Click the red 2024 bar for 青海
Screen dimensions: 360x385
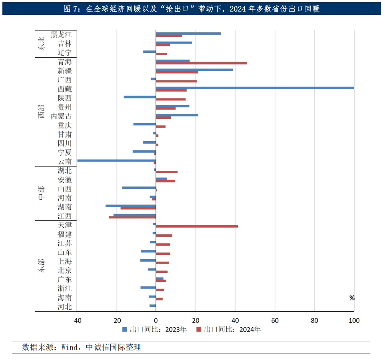[x=201, y=63]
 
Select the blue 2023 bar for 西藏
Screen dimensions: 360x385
[x=255, y=88]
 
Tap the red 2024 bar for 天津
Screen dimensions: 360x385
[x=197, y=226]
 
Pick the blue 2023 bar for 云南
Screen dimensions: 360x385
[x=116, y=160]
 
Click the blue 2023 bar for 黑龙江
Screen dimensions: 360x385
[x=188, y=33]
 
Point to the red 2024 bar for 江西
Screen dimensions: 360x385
[x=132, y=217]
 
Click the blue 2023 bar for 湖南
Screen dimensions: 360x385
[x=131, y=206]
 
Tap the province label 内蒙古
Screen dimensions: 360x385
[x=62, y=116]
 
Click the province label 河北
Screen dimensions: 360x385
[x=65, y=307]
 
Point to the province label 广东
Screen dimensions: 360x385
[x=65, y=280]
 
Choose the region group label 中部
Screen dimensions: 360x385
[x=42, y=193]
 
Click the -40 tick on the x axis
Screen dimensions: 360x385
[x=77, y=320]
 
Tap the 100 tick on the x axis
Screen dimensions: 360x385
[x=354, y=320]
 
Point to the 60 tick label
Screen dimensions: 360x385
[x=275, y=320]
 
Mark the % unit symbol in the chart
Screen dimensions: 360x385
[x=352, y=298]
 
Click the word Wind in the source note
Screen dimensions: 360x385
[x=70, y=347]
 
